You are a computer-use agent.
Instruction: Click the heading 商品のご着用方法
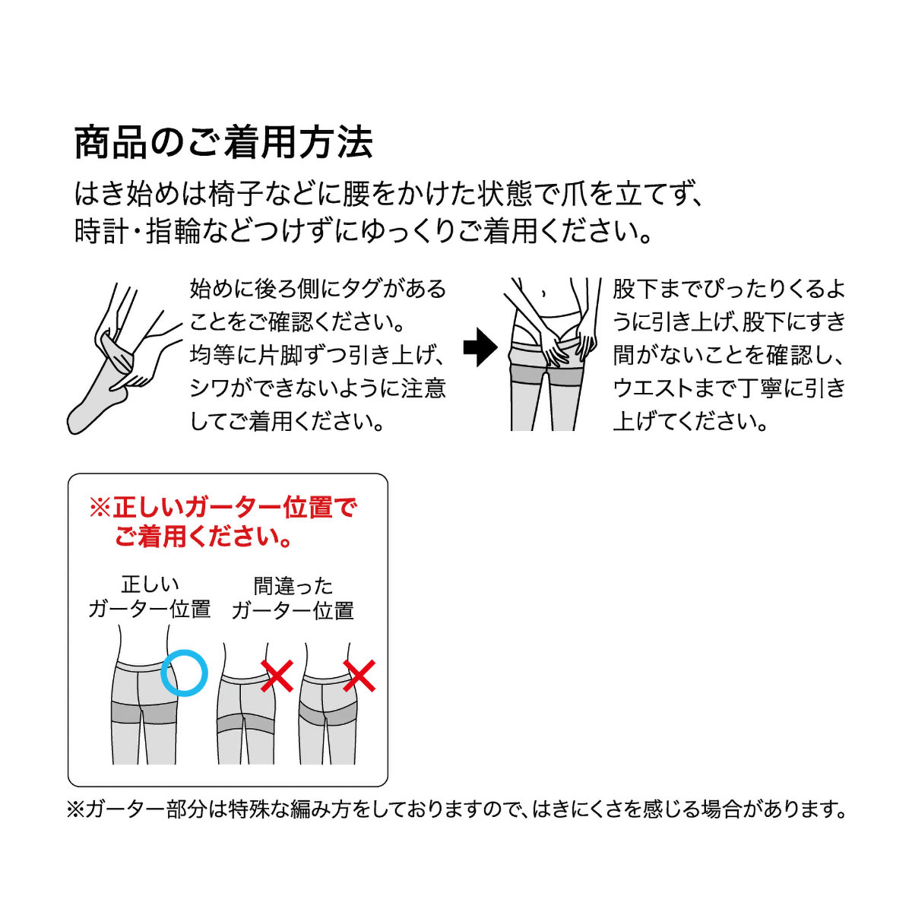(x=223, y=142)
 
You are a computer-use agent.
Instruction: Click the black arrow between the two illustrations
(x=480, y=347)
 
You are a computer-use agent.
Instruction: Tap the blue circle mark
(x=184, y=673)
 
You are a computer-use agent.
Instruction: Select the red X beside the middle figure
(x=277, y=676)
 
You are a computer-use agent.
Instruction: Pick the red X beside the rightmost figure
(x=359, y=676)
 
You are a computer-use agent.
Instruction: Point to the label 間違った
(x=293, y=587)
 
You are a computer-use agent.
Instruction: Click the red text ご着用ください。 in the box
(x=203, y=537)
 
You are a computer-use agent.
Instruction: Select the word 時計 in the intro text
(x=101, y=232)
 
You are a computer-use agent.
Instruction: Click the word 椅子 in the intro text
(x=267, y=193)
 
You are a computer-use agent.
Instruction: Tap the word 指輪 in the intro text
(x=173, y=232)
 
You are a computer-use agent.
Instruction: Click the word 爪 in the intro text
(x=573, y=193)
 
